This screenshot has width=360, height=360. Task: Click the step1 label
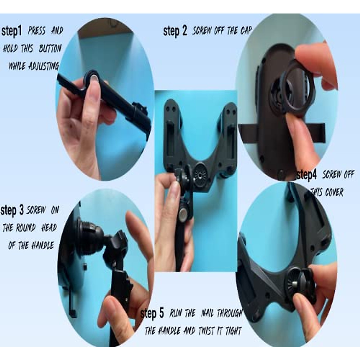point(12,31)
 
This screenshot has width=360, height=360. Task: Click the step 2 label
point(175,31)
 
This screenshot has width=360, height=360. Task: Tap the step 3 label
point(12,210)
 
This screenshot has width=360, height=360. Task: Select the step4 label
point(307,175)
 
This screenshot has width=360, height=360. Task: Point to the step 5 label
point(152,314)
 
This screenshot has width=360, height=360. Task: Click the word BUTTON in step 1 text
point(50,49)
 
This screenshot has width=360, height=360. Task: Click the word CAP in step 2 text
point(245,31)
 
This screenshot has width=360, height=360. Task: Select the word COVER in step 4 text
point(334,192)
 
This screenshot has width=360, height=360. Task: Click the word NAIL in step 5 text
point(207,314)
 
